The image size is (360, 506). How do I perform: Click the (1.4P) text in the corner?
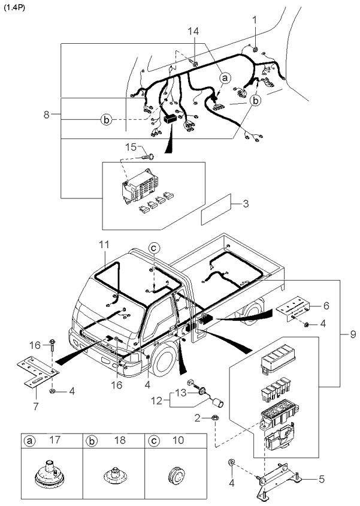14,8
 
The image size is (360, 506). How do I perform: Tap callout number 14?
193,31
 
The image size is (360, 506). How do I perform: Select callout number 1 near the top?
255,20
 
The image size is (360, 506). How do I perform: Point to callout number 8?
47,115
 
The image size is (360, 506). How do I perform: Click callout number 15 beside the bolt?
131,147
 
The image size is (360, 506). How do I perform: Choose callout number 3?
246,204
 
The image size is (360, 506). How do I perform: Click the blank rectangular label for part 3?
216,209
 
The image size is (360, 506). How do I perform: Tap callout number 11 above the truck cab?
104,244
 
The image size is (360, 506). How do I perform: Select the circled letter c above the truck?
154,248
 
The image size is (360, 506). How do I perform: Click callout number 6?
326,305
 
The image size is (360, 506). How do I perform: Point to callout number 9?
353,334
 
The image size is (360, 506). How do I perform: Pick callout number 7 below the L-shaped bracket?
35,406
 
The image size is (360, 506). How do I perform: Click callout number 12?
157,401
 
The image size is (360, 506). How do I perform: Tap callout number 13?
180,393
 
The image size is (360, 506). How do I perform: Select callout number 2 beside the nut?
197,418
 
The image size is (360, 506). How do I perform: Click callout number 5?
321,479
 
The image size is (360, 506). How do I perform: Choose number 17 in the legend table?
55,439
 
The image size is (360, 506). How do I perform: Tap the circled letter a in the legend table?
30,441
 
